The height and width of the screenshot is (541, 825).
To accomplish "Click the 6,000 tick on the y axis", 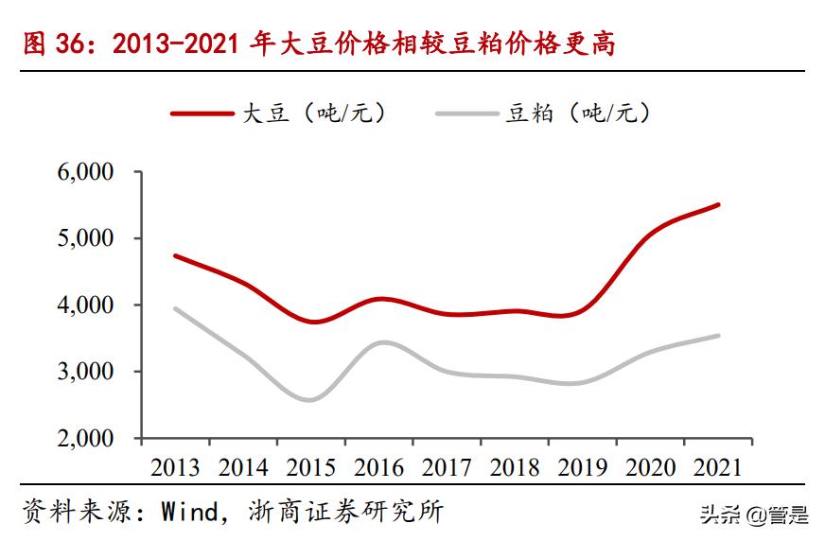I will pyautogui.click(x=87, y=172).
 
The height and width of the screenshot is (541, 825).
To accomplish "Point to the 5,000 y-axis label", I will pyautogui.click(x=87, y=238).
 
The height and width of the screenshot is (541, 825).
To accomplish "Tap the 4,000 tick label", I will pyautogui.click(x=87, y=305).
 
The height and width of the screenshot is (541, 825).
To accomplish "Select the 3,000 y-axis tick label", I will pyautogui.click(x=87, y=372).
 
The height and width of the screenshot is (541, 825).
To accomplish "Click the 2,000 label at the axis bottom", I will pyautogui.click(x=87, y=439).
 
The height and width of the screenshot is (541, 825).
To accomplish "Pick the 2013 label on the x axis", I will pyautogui.click(x=174, y=466).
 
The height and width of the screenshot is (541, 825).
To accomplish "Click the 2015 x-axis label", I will pyautogui.click(x=310, y=466).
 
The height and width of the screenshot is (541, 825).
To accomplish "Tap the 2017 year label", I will pyautogui.click(x=447, y=466).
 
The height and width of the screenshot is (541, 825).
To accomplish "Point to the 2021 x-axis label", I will pyautogui.click(x=718, y=466).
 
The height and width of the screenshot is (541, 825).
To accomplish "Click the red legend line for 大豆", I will pyautogui.click(x=202, y=113).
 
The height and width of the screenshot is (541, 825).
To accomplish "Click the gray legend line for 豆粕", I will pyautogui.click(x=467, y=113).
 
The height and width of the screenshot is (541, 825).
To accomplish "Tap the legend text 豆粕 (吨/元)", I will pyautogui.click(x=578, y=113).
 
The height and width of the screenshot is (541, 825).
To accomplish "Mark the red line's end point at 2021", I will pyautogui.click(x=719, y=204).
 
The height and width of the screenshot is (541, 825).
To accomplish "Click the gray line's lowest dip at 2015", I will pyautogui.click(x=309, y=400).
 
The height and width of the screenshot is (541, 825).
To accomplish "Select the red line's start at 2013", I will pyautogui.click(x=175, y=255).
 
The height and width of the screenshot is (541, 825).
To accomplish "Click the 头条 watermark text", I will pyautogui.click(x=719, y=516).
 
